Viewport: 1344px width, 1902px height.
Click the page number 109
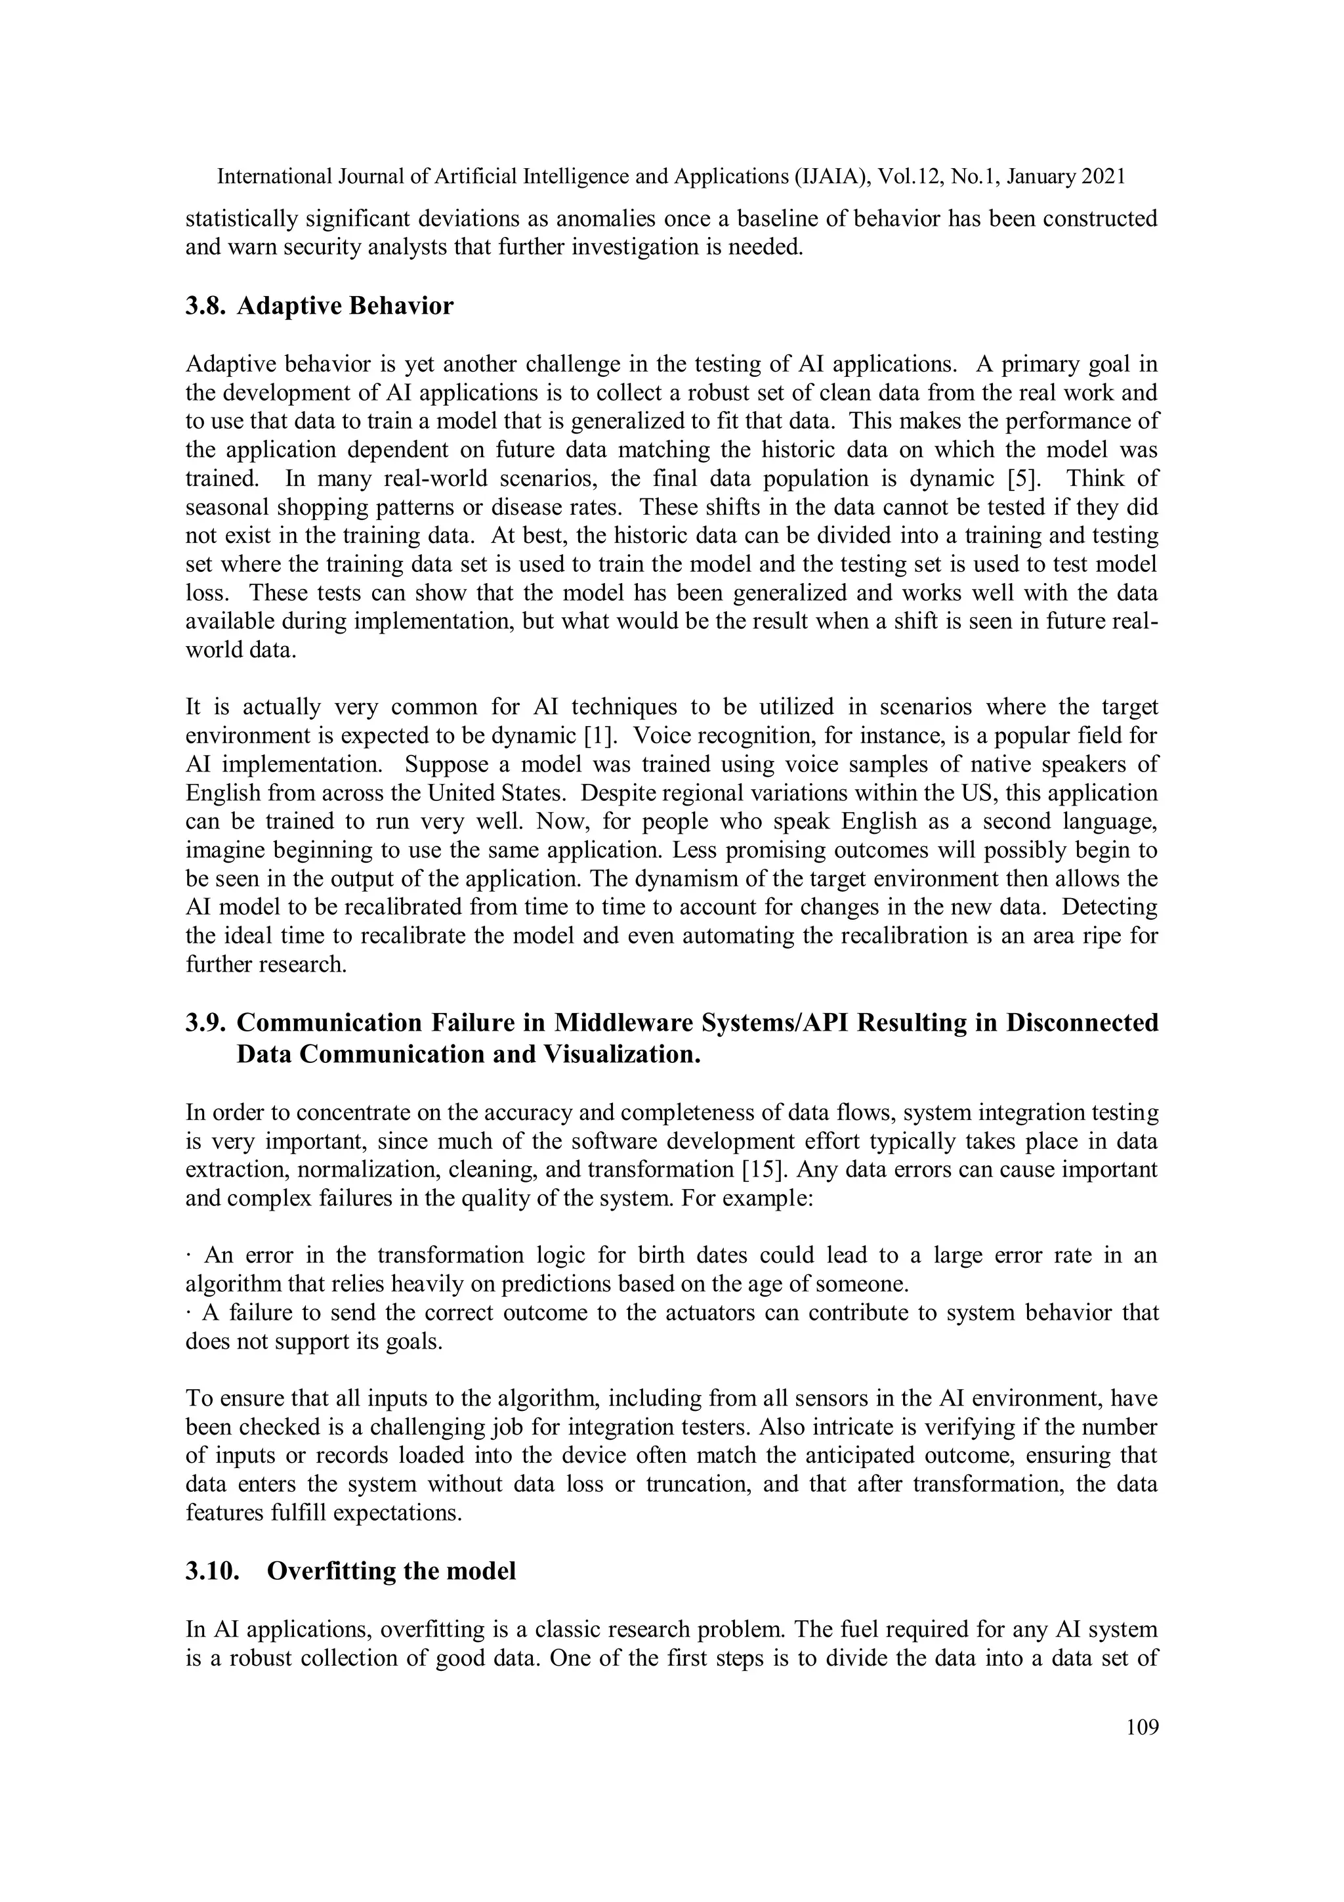point(1142,1727)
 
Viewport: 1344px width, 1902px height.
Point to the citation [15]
point(763,1170)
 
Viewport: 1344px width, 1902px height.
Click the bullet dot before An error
point(190,1256)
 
